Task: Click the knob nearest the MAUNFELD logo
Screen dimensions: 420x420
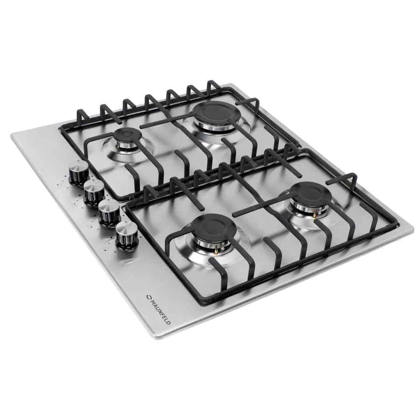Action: point(126,235)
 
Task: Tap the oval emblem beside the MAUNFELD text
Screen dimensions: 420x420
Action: point(148,296)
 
